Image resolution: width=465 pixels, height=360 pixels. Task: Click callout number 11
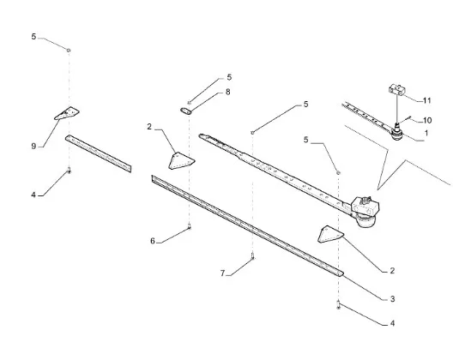pyautogui.click(x=426, y=101)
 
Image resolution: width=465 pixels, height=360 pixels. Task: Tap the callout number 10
pyautogui.click(x=427, y=121)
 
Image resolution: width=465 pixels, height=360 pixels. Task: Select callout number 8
pyautogui.click(x=227, y=92)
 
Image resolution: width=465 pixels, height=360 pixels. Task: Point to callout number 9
pyautogui.click(x=33, y=146)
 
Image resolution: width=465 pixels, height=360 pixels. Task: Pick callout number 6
pyautogui.click(x=153, y=241)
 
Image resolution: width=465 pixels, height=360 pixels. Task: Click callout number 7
pyautogui.click(x=223, y=273)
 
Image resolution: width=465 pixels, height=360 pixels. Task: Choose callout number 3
pyautogui.click(x=392, y=299)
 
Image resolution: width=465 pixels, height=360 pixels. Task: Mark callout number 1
pyautogui.click(x=426, y=133)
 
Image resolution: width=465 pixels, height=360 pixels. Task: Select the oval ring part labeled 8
pyautogui.click(x=186, y=111)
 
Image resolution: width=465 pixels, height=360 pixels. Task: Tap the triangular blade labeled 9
pyautogui.click(x=67, y=113)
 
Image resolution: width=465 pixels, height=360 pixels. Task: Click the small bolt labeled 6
pyautogui.click(x=190, y=227)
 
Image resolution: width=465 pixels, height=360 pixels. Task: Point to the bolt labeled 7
pyautogui.click(x=252, y=256)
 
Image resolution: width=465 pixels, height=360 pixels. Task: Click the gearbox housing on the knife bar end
pyautogui.click(x=365, y=210)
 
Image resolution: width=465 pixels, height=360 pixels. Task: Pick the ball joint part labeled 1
pyautogui.click(x=396, y=133)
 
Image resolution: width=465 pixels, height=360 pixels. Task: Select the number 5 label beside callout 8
pyautogui.click(x=229, y=77)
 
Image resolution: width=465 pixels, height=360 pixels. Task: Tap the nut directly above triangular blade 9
pyautogui.click(x=69, y=51)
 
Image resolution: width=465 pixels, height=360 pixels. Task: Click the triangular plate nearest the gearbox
pyautogui.click(x=330, y=234)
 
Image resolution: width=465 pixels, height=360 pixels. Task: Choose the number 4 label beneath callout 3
pyautogui.click(x=392, y=323)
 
